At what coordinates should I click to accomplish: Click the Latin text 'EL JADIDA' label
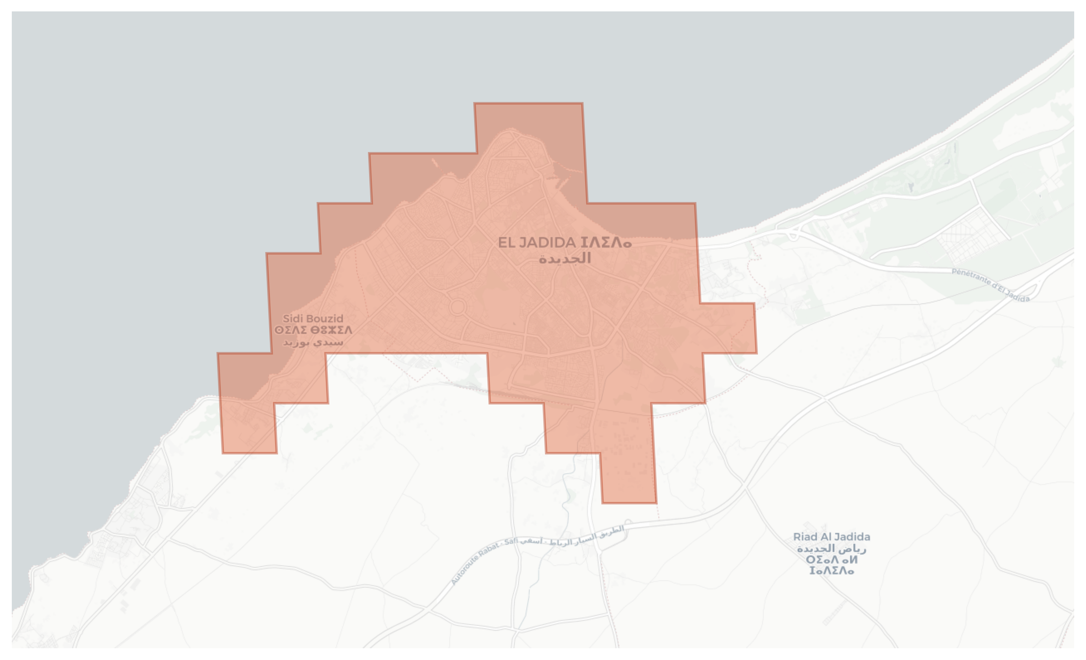[x=536, y=243]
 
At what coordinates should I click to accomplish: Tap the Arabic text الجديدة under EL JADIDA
[x=565, y=258]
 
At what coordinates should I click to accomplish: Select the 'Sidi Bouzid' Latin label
[x=312, y=318]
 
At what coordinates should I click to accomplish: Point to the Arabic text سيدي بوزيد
[x=312, y=342]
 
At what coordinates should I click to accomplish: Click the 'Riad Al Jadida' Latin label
[x=831, y=537]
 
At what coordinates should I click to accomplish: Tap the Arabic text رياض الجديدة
[x=831, y=549]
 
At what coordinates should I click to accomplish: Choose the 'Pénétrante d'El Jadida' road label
[x=990, y=285]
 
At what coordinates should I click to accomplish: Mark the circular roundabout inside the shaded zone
[x=458, y=307]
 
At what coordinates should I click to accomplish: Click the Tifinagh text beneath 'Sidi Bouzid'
[x=312, y=330]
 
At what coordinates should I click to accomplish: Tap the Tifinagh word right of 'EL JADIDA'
[x=606, y=243]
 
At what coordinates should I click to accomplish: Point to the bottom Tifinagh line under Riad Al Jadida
[x=831, y=571]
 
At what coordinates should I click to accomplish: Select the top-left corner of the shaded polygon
[x=475, y=103]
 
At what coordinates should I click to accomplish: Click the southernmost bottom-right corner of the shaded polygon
[x=656, y=502]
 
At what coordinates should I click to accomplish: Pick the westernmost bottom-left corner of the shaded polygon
[x=223, y=452]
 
